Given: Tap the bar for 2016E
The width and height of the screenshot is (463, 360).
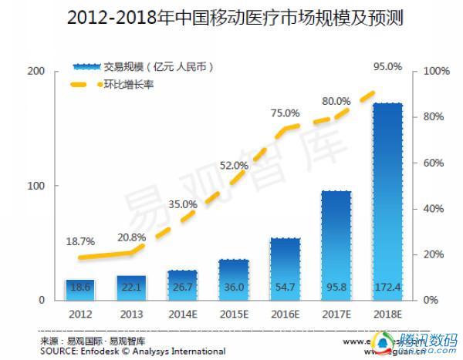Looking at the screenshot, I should pyautogui.click(x=285, y=266).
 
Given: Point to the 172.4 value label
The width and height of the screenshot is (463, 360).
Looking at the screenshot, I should pyautogui.click(x=387, y=288).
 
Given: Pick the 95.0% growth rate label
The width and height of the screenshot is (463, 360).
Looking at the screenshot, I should pyautogui.click(x=387, y=67).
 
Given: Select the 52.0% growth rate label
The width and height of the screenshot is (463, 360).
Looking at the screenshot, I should pyautogui.click(x=234, y=165).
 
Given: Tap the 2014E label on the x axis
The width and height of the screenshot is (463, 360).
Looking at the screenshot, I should pyautogui.click(x=182, y=315).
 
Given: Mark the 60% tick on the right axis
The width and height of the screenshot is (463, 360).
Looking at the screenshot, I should pyautogui.click(x=432, y=163).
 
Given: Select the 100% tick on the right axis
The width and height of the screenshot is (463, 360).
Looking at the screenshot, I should pyautogui.click(x=434, y=71).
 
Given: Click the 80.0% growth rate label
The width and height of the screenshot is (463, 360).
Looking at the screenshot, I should pyautogui.click(x=336, y=101).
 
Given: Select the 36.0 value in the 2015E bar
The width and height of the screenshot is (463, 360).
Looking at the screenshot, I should pyautogui.click(x=234, y=288).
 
